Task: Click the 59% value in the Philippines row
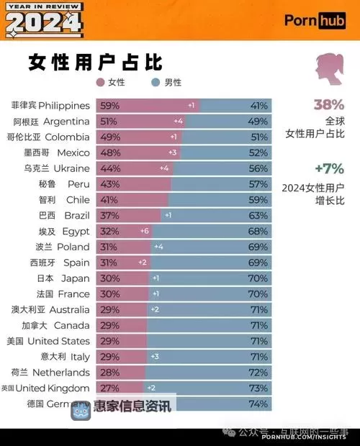110,105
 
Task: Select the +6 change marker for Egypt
144,231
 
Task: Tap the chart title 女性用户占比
95,61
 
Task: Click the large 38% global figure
328,104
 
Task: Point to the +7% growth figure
328,169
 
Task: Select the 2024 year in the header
43,24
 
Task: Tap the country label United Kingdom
45,388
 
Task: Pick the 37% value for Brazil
110,215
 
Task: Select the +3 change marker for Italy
154,356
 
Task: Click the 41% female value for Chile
110,199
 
